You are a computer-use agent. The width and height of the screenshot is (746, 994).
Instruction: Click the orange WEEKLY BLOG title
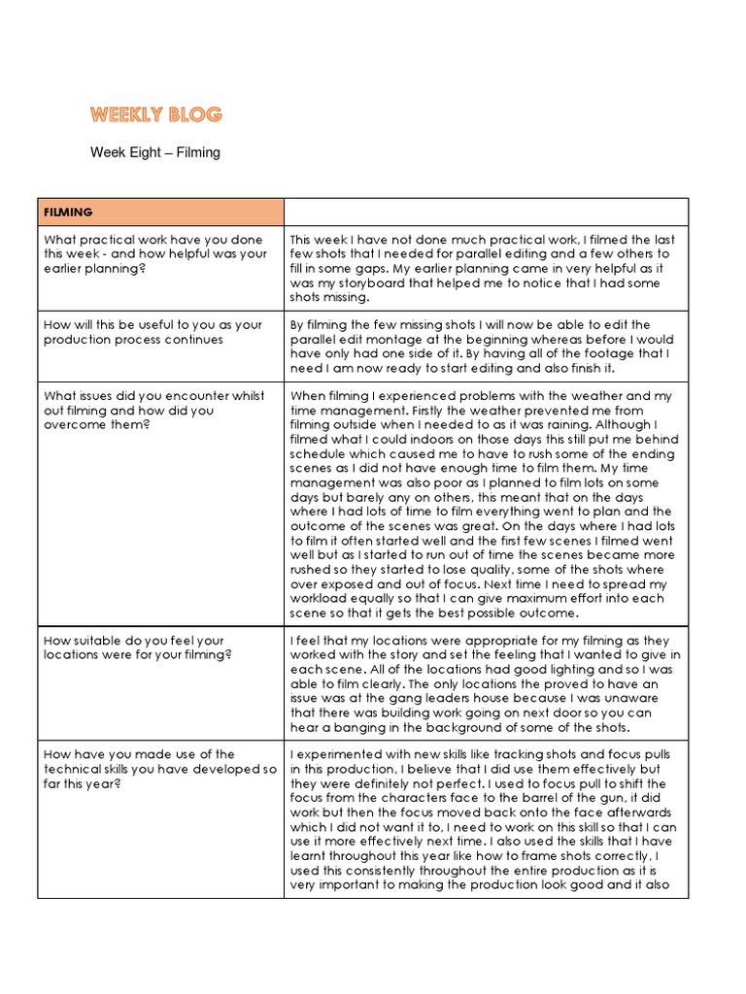[x=156, y=115]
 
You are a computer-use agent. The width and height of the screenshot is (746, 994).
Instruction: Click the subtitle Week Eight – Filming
[x=155, y=152]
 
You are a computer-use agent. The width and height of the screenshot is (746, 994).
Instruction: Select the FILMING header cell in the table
[x=161, y=212]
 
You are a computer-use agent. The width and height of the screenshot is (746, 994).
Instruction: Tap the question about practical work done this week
[x=155, y=254]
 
